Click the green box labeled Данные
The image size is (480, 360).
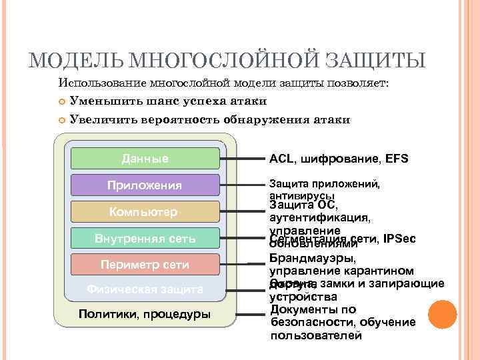[145, 159]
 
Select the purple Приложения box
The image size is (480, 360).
[145, 185]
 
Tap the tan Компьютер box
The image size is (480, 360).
[145, 211]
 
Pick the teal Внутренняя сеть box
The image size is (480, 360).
[145, 238]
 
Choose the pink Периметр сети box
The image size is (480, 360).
[145, 264]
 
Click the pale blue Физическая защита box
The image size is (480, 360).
[145, 289]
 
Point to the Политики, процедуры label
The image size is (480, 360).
[145, 314]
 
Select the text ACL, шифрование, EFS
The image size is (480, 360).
[338, 159]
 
